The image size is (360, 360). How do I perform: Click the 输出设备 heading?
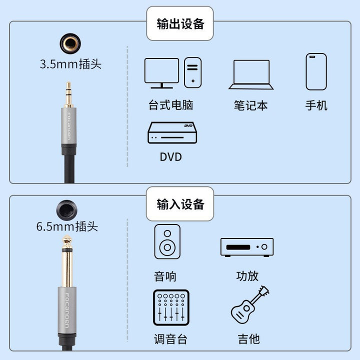pyautogui.click(x=180, y=24)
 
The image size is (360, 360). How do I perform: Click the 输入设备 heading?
pyautogui.click(x=180, y=204)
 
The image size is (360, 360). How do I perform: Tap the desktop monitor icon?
pyautogui.click(x=161, y=73)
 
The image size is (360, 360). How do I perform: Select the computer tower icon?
pyautogui.click(x=193, y=72)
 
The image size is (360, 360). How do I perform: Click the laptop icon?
pyautogui.click(x=251, y=74)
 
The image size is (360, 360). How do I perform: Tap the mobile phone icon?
pyautogui.click(x=316, y=71)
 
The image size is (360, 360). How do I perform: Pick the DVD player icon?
pyautogui.click(x=172, y=132)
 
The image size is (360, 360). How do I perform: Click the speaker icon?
pyautogui.click(x=167, y=241)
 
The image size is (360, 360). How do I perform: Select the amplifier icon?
pyautogui.click(x=247, y=247)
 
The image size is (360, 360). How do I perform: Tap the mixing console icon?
pyautogui.click(x=171, y=307)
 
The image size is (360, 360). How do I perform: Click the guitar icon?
pyautogui.click(x=250, y=305)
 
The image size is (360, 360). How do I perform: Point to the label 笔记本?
pyautogui.click(x=250, y=105)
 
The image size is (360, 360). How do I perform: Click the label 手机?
pyautogui.click(x=316, y=105)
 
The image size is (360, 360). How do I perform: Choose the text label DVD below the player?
pyautogui.click(x=171, y=157)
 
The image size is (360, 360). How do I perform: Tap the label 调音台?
pyautogui.click(x=171, y=339)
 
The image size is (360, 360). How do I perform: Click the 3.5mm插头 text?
pyautogui.click(x=70, y=64)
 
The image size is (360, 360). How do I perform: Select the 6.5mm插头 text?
pyautogui.click(x=67, y=226)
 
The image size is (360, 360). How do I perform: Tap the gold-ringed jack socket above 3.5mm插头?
pyautogui.click(x=70, y=43)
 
